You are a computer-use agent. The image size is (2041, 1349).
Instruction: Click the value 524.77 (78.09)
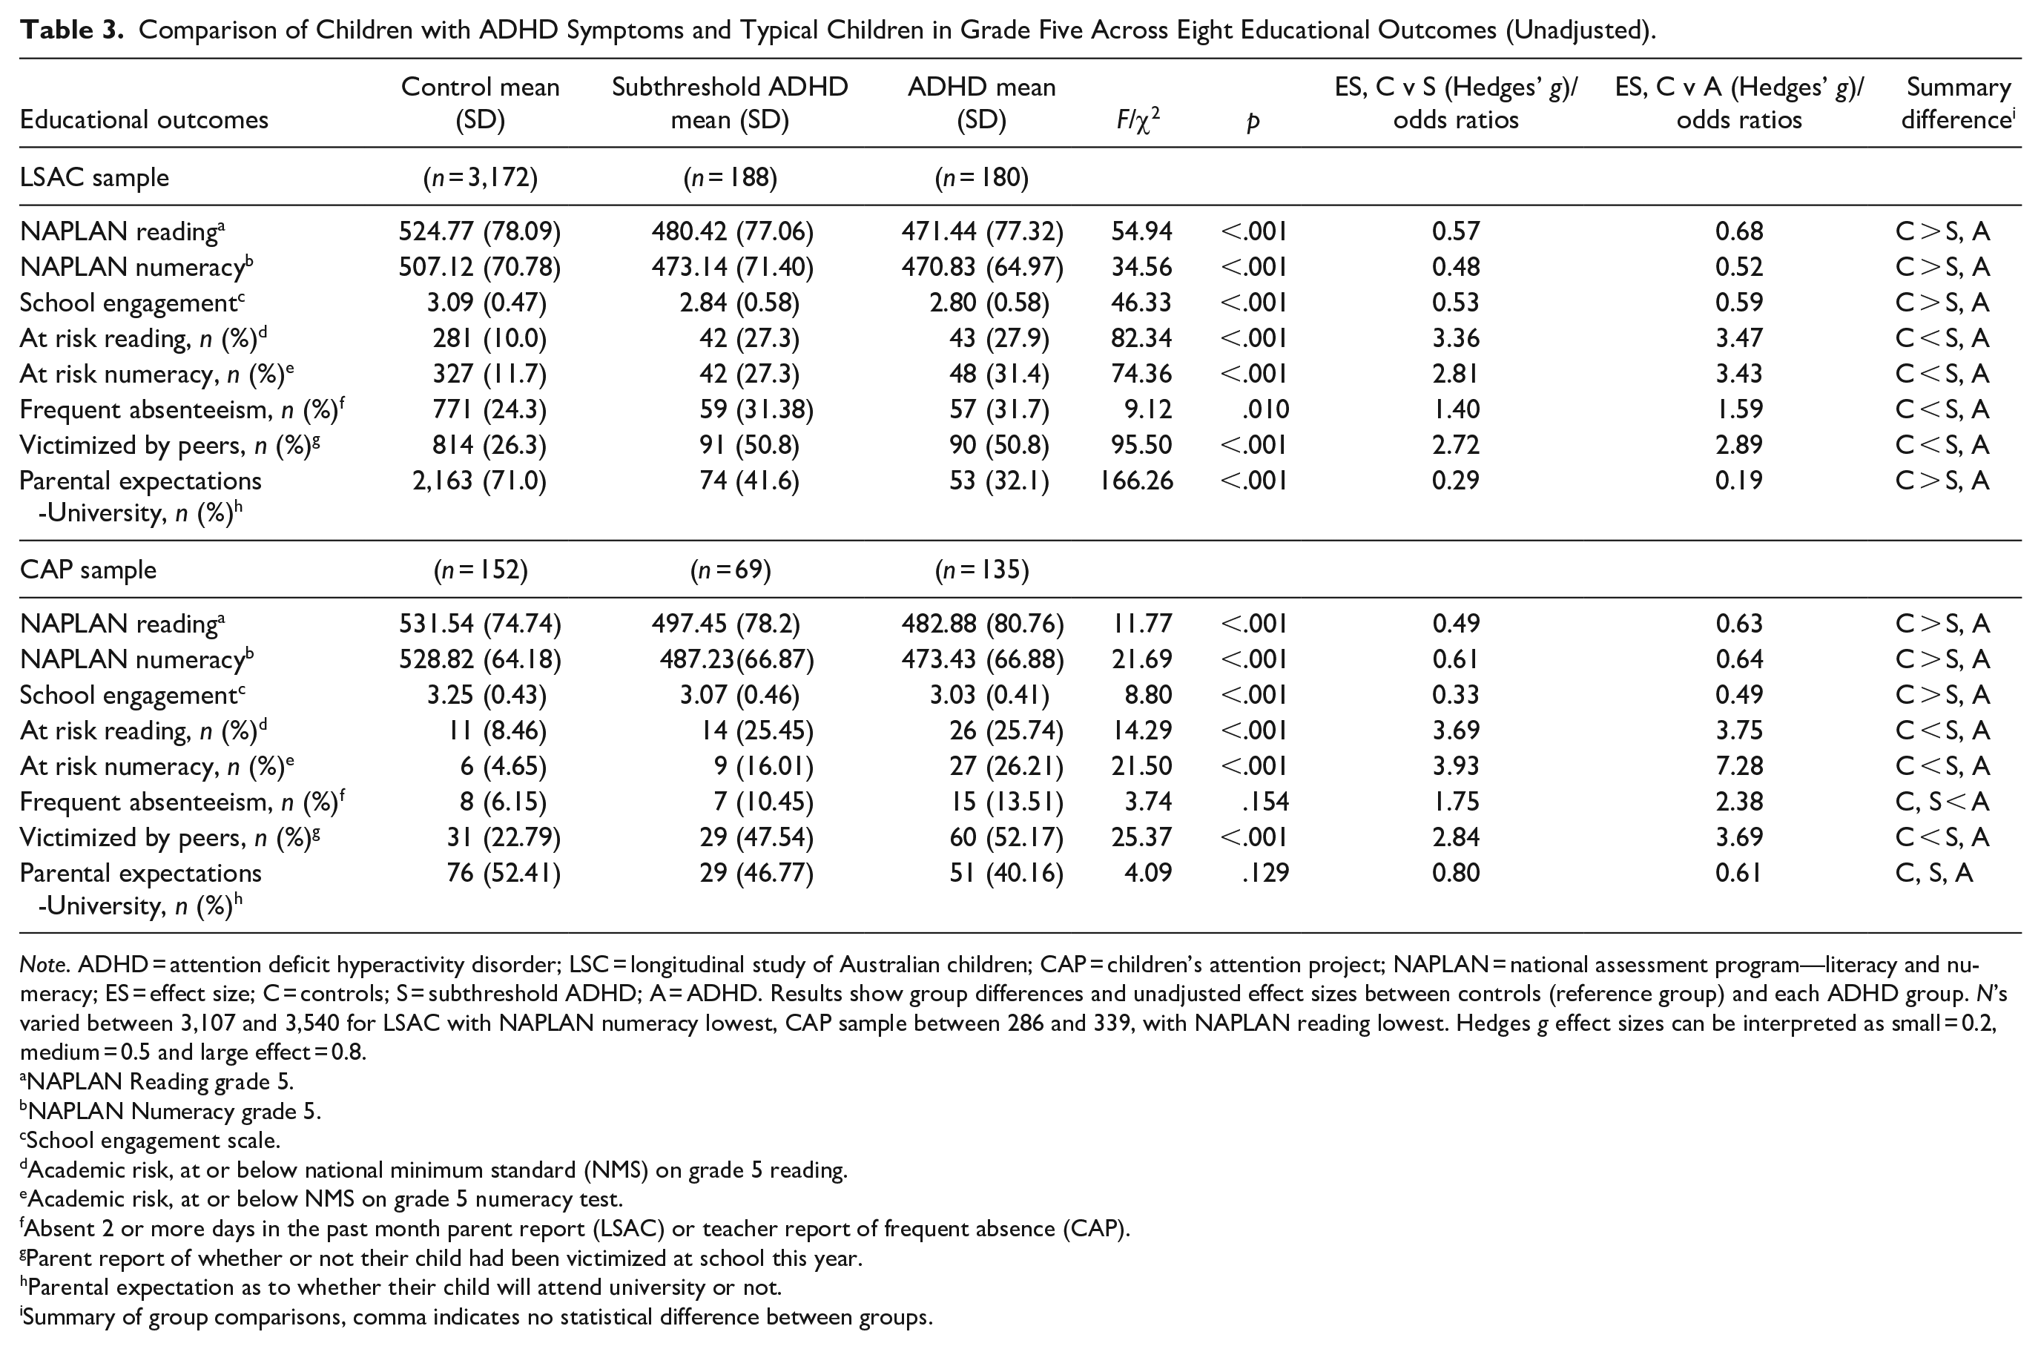coord(479,231)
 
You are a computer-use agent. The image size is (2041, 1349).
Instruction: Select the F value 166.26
coord(1136,480)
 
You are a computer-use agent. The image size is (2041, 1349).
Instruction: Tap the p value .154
coord(1265,802)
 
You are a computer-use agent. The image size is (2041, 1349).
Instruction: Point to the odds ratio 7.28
coord(1738,765)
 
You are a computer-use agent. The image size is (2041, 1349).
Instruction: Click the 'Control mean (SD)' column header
coord(480,103)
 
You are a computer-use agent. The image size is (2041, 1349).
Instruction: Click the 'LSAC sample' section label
coord(95,177)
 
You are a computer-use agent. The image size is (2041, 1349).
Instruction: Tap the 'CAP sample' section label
coord(88,570)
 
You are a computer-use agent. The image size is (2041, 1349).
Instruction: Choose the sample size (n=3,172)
coord(480,177)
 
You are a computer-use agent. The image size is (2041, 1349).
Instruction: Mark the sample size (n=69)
coord(731,570)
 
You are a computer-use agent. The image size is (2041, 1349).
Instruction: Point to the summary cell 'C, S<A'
coord(1942,802)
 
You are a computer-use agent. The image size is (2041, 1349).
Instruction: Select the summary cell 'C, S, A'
coord(1934,873)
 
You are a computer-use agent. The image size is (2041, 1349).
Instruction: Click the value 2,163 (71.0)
coord(479,481)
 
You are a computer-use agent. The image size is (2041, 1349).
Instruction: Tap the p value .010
coord(1265,409)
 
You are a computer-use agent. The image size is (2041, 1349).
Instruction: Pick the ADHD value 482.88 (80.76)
coord(982,624)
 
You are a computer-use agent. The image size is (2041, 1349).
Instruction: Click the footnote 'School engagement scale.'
coord(151,1141)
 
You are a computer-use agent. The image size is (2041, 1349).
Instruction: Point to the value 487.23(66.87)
coord(736,660)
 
